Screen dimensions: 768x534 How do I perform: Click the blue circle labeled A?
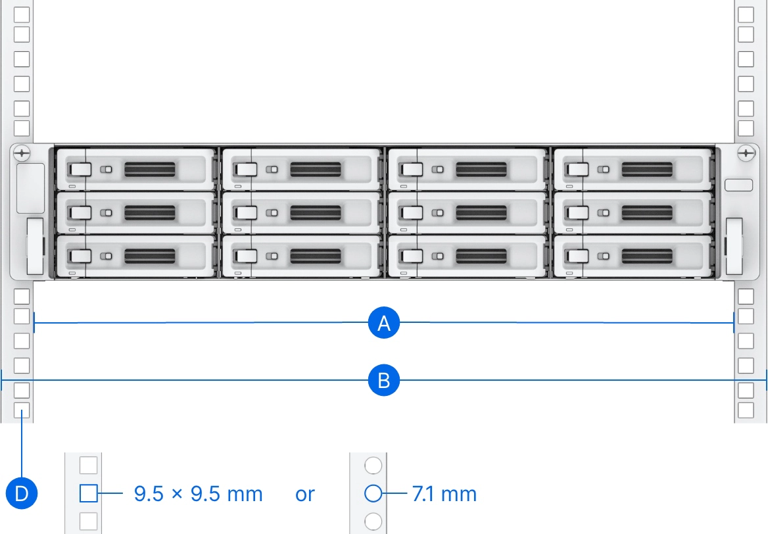384,324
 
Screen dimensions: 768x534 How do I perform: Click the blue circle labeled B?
384,380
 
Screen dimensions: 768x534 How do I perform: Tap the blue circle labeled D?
22,493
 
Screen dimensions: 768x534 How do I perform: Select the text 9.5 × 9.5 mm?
199,494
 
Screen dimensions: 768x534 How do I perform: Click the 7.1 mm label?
444,494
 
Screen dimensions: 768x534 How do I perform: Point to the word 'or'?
304,495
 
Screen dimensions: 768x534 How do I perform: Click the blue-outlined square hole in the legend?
88,493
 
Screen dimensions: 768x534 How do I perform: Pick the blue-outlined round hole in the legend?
373,493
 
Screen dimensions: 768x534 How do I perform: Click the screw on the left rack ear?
22,153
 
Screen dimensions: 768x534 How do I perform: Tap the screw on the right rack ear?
746,153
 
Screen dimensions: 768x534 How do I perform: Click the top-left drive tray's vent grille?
150,170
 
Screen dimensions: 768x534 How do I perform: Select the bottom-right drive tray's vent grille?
647,256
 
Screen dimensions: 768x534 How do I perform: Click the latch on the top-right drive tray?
578,170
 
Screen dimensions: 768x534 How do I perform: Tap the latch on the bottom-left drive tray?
80,256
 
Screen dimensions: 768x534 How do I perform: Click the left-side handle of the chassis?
36,247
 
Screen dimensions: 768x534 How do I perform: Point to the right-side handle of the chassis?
734,247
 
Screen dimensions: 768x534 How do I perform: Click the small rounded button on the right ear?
738,185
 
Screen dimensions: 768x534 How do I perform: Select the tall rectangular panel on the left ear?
30,189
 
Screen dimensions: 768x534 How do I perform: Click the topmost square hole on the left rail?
22,14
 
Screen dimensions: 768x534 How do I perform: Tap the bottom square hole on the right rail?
746,410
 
